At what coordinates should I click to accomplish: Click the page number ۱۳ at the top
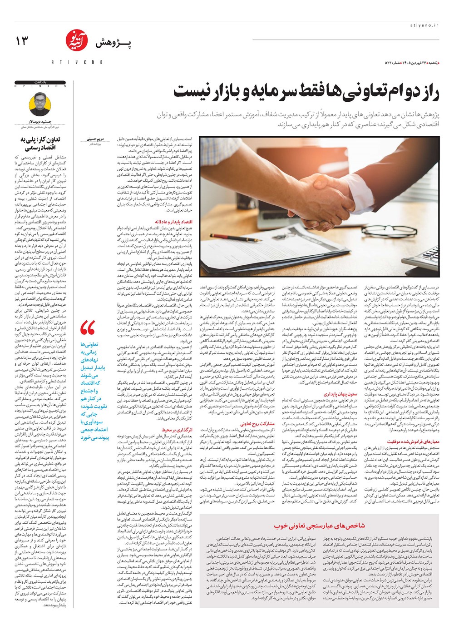pos(22,41)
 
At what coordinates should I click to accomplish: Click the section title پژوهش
pos(113,44)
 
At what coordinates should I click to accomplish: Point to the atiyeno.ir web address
pos(426,26)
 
